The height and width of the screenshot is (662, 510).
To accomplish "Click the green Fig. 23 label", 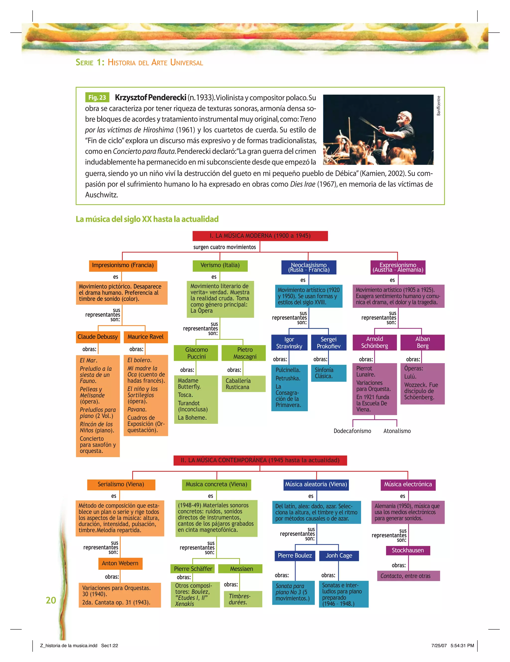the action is click(x=97, y=97).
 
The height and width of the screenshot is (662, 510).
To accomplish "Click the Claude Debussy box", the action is click(x=98, y=337).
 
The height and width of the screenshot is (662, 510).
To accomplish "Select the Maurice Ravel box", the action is click(x=145, y=337).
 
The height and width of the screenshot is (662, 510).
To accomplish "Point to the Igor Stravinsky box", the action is click(x=289, y=342).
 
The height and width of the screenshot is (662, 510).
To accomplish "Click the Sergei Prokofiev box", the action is click(x=328, y=342).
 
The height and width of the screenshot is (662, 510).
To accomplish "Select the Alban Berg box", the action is click(x=422, y=342).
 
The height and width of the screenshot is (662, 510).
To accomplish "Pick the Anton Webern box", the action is click(x=120, y=563).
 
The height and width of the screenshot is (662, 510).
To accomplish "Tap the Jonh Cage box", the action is click(x=339, y=556).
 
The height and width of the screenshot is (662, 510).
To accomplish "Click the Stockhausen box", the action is click(x=408, y=550).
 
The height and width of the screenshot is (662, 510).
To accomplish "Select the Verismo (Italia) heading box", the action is click(x=220, y=265).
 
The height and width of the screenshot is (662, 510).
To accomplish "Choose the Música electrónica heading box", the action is click(x=408, y=484).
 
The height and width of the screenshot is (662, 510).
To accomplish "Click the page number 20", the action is click(x=51, y=600).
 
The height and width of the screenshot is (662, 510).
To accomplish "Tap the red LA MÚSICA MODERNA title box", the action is click(x=260, y=236).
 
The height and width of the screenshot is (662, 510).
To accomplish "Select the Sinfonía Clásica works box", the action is click(x=328, y=373).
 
